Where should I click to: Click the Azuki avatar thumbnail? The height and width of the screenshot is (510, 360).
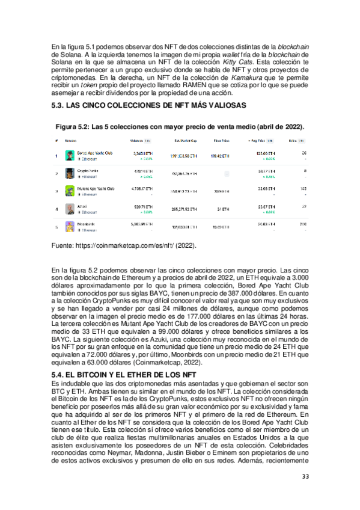(70, 209)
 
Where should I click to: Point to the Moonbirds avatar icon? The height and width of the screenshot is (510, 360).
(70, 227)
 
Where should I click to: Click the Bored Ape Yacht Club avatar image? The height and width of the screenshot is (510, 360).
(70, 156)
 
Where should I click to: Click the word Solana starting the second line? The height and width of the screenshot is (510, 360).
(63, 54)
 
